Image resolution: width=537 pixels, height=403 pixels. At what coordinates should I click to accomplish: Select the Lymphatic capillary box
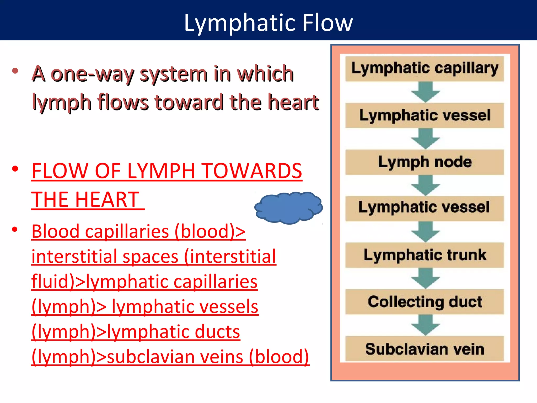pos(425,69)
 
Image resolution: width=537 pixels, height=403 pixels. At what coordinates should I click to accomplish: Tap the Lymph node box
pos(425,162)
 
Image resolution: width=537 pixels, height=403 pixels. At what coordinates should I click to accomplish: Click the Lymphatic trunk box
pos(425,255)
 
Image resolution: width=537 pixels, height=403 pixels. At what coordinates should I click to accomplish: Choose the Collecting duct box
pos(425,302)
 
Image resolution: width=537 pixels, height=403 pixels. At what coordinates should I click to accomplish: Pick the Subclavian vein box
pos(425,349)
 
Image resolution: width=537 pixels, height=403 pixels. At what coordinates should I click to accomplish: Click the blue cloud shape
pos(288,208)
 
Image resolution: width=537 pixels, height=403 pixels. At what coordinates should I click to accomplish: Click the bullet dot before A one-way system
pos(15,71)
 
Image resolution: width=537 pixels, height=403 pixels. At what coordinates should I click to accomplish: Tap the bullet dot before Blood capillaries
pos(15,230)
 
